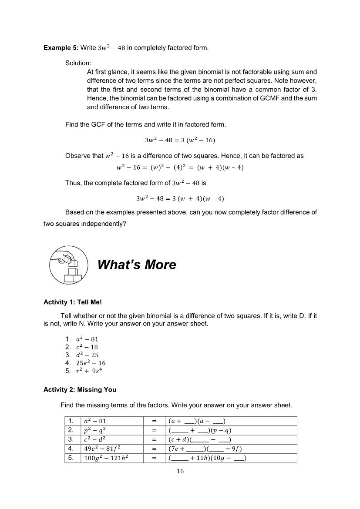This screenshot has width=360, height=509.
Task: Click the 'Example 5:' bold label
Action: pyautogui.click(x=61, y=47)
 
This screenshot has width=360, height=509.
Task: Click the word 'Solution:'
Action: pyautogui.click(x=78, y=64)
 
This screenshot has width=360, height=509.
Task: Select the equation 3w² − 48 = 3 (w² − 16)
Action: pyautogui.click(x=180, y=140)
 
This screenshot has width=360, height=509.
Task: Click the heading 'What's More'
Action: pyautogui.click(x=137, y=265)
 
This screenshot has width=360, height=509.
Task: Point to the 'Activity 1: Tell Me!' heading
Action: pyautogui.click(x=73, y=302)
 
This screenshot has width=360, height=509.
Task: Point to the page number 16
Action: pyautogui.click(x=180, y=471)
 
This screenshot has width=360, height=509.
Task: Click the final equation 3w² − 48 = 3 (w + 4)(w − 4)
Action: pyautogui.click(x=180, y=199)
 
